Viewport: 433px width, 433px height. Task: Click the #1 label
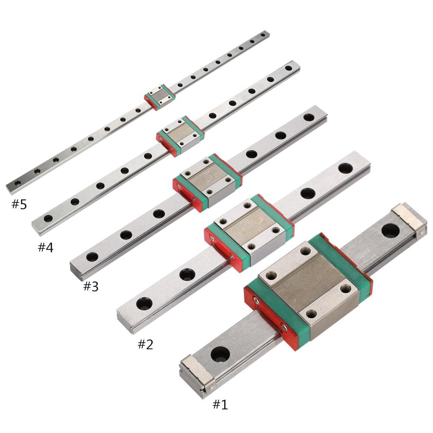pyautogui.click(x=220, y=404)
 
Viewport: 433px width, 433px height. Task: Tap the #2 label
pyautogui.click(x=145, y=344)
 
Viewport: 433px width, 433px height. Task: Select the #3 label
pyautogui.click(x=91, y=287)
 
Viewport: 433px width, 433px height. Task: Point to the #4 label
pyautogui.click(x=45, y=247)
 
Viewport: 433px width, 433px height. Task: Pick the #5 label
pyautogui.click(x=19, y=204)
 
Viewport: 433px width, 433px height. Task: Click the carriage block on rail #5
pyautogui.click(x=160, y=97)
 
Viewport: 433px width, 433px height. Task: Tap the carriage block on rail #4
pyautogui.click(x=180, y=136)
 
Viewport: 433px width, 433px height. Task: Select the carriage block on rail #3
pyautogui.click(x=208, y=182)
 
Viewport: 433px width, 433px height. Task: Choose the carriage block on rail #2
pyautogui.click(x=249, y=233)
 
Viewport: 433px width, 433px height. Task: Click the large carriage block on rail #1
pyautogui.click(x=308, y=292)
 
